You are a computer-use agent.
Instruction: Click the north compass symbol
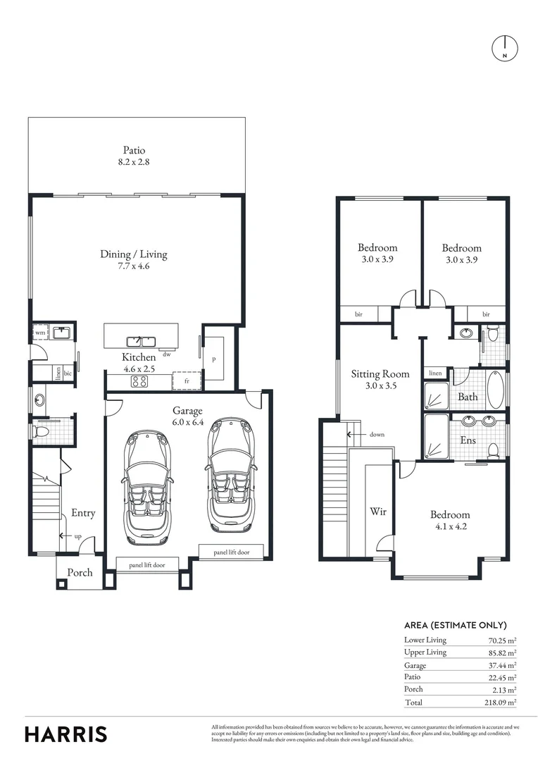(x=504, y=47)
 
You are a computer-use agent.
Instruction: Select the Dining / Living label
(x=134, y=254)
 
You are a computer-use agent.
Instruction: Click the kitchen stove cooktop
(x=139, y=381)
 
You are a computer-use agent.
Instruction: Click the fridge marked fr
(x=187, y=380)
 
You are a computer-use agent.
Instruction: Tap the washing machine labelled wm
(x=40, y=332)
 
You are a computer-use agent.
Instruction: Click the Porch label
(x=80, y=572)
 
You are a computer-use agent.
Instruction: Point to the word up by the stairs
(x=78, y=536)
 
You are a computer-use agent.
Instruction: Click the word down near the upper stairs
(x=377, y=435)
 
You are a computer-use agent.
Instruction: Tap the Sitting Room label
(x=380, y=374)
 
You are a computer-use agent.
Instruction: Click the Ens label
(x=468, y=440)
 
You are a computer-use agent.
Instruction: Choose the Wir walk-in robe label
(x=378, y=511)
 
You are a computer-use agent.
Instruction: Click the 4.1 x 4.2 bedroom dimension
(x=451, y=526)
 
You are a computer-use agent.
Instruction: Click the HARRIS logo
(x=66, y=734)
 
